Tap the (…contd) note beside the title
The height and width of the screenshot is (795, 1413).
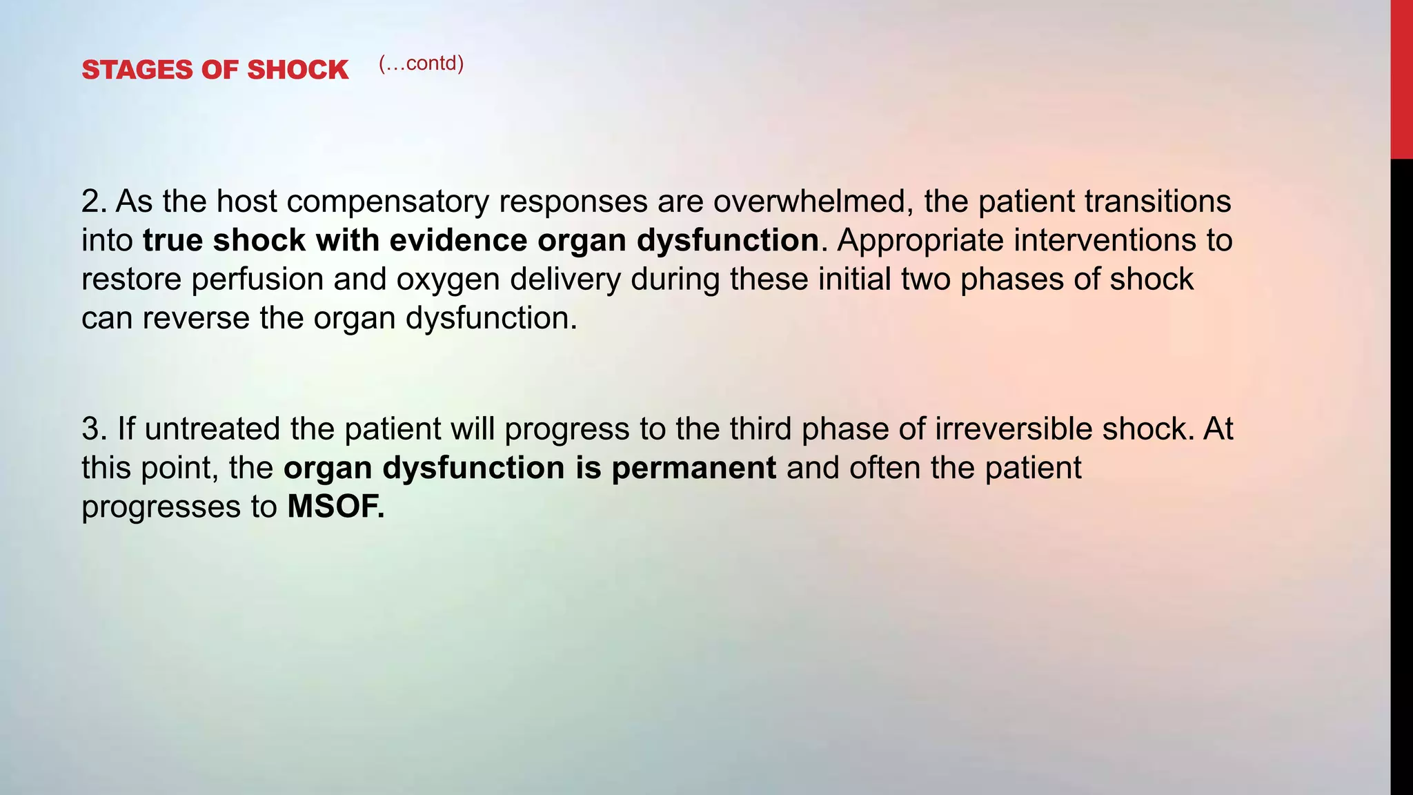tap(421, 63)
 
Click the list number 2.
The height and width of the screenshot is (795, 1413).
tap(93, 202)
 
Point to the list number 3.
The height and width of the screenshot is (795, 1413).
tap(93, 429)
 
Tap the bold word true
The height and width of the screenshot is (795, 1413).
tap(172, 240)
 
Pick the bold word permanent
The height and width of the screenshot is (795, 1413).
tap(693, 468)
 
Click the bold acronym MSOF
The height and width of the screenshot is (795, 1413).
tap(335, 507)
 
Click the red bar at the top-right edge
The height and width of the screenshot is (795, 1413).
tap(1401, 79)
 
